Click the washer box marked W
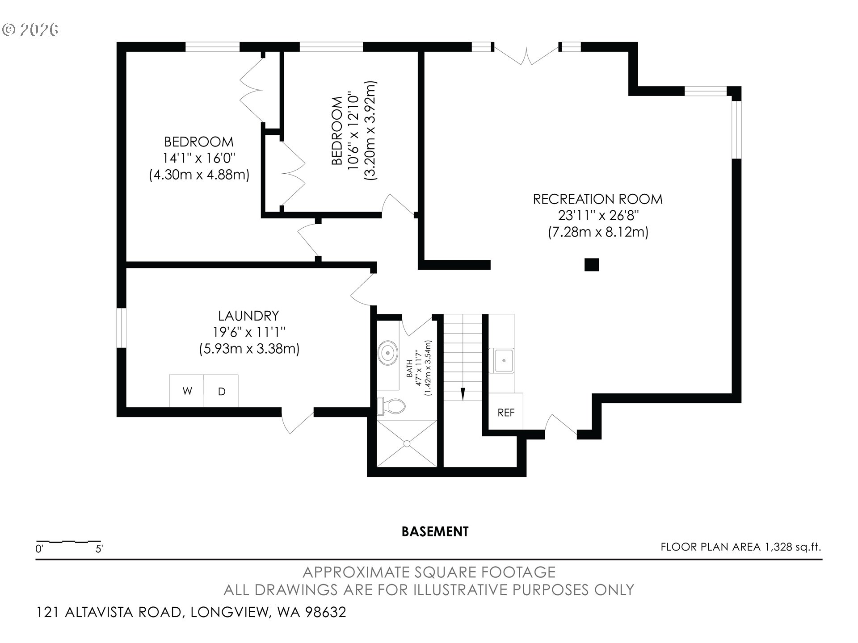[186, 391]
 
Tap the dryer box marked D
[221, 391]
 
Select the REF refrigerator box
[506, 412]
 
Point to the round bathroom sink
[388, 353]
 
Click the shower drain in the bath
[407, 443]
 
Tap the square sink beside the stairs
[504, 360]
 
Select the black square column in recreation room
[592, 265]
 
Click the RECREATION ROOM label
[598, 199]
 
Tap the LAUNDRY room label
[248, 316]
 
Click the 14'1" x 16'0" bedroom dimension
[199, 158]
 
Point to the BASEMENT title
[435, 531]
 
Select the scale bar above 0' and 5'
[68, 541]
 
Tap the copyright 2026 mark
[30, 29]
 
